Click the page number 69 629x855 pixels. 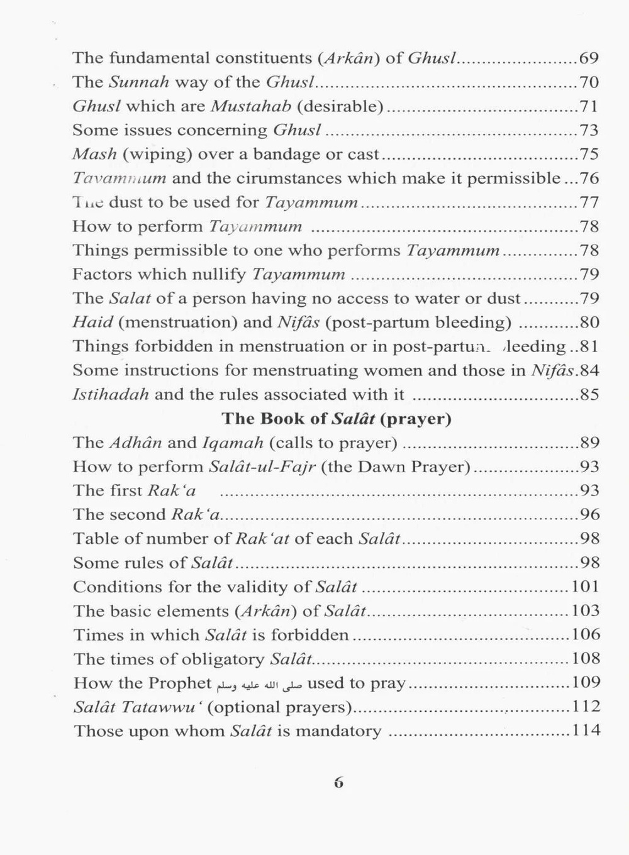point(589,58)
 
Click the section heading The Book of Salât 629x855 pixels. point(337,419)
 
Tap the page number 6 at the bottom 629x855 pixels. point(338,783)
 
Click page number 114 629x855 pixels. point(586,731)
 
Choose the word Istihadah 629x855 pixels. point(111,395)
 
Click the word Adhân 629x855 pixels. point(135,443)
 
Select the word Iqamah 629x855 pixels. point(232,444)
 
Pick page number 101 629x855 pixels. point(586,587)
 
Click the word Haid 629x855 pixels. point(92,323)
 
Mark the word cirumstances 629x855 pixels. point(289,179)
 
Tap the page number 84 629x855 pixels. point(589,371)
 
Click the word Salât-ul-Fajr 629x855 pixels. point(262,467)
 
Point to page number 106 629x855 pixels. point(586,635)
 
